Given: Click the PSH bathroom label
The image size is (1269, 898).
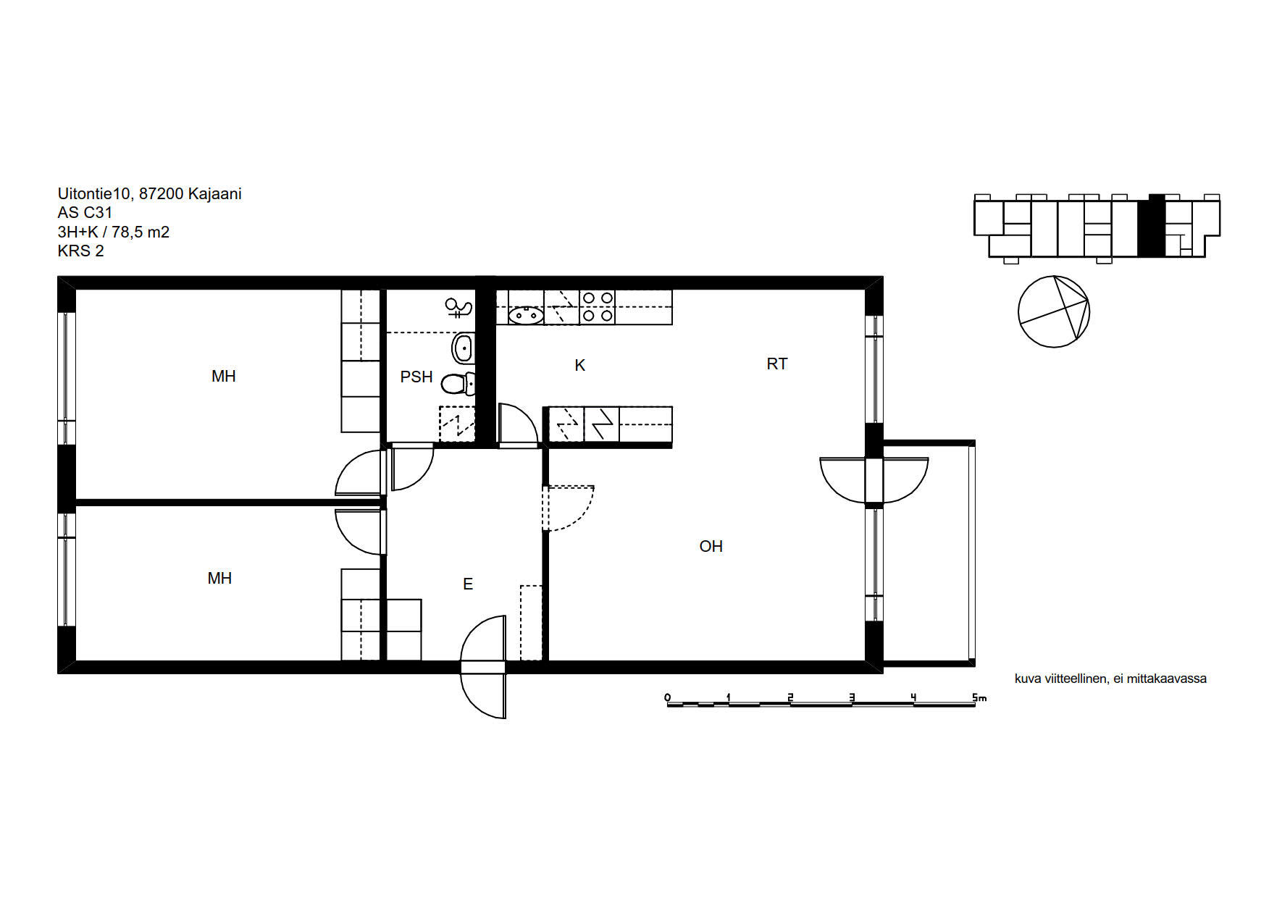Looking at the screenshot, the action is coord(416,377).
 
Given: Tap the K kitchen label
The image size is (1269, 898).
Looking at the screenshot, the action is coord(579,366).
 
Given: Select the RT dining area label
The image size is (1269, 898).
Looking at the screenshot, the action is coord(777,364).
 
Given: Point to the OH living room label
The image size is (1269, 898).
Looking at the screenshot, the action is coord(711,546).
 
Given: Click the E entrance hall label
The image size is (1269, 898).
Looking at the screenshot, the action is coord(468,584).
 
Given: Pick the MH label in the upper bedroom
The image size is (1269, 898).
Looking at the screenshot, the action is coord(224,376).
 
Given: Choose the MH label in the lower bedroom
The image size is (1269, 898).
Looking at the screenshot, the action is coord(219,578).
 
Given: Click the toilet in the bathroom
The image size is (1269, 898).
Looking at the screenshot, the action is coord(458,383).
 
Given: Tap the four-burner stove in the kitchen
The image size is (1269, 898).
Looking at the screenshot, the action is coord(598,307).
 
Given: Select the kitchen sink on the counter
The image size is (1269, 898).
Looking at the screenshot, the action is coord(526,315).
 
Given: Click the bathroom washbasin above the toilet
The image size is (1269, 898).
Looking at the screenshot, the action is coord(464,348).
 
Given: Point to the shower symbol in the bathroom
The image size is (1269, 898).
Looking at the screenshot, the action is coord(458,309).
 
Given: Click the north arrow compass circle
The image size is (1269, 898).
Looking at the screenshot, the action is coord(1054,311).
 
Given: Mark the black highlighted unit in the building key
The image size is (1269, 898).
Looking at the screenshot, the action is coord(1151,226).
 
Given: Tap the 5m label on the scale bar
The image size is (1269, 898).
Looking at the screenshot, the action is coord(979,697).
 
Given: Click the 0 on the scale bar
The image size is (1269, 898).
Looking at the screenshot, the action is coord(668,697).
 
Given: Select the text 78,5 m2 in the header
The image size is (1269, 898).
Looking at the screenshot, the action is coord(141,232).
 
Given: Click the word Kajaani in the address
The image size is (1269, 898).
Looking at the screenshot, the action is coord(214,193).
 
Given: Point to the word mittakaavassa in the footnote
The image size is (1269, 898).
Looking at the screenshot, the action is coord(1166,679).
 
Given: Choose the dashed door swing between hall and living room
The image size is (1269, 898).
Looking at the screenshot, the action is coord(569,508).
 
